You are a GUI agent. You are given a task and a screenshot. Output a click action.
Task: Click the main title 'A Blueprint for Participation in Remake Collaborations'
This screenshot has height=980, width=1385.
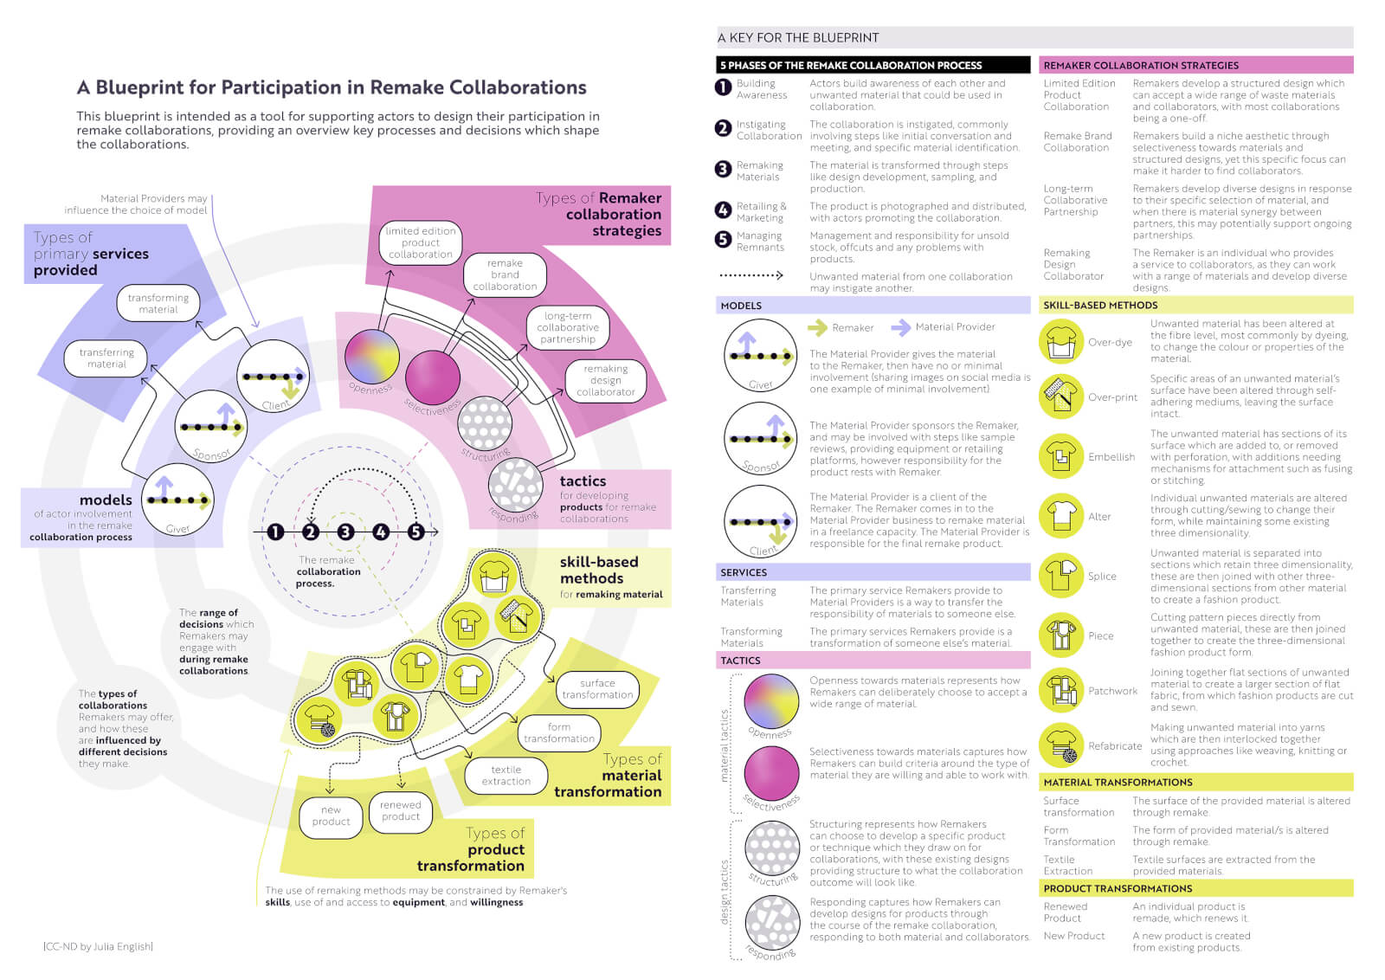click(332, 87)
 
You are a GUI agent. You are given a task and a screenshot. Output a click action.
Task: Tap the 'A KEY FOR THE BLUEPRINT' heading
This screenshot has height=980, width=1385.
click(797, 37)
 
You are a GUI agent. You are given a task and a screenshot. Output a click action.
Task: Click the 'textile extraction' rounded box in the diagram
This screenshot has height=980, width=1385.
click(506, 775)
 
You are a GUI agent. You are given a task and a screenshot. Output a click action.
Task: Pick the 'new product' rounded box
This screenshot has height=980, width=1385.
click(332, 816)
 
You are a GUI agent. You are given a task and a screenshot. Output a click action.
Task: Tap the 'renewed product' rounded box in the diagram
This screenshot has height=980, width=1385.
click(400, 810)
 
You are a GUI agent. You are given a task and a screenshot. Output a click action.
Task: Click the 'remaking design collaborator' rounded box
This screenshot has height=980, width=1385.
click(605, 380)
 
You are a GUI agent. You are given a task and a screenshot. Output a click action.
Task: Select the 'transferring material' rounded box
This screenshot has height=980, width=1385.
click(106, 358)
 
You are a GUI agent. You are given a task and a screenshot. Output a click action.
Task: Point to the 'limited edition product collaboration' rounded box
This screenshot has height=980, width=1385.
click(420, 242)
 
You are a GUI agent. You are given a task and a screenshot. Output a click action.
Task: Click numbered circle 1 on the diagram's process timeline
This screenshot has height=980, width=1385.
click(275, 532)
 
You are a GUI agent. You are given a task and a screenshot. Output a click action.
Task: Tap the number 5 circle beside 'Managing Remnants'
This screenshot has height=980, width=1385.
click(724, 240)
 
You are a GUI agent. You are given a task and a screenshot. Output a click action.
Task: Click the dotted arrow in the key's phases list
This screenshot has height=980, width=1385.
click(750, 276)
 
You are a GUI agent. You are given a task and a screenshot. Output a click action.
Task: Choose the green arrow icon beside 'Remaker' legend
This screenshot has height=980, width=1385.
click(816, 327)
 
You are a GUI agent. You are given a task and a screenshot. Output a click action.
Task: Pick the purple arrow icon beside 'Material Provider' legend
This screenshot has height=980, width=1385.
click(900, 327)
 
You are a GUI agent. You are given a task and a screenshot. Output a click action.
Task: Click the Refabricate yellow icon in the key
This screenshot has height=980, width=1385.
click(1060, 745)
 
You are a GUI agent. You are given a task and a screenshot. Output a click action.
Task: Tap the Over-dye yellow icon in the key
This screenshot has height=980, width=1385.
click(1060, 341)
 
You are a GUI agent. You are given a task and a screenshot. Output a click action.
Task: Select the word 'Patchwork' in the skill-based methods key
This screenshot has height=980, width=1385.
click(1112, 691)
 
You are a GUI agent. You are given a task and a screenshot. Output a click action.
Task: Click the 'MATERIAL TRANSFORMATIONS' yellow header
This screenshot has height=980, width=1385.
click(1118, 782)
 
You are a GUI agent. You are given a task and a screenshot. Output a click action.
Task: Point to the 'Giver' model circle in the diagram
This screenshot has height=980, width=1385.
click(177, 500)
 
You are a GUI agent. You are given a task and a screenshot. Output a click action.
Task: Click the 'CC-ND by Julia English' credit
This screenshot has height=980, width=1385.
click(98, 946)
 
